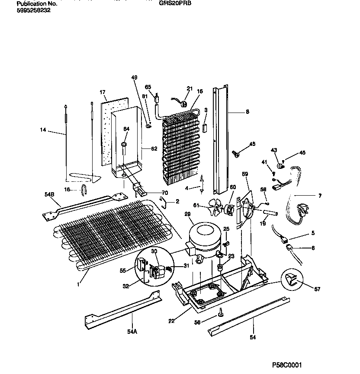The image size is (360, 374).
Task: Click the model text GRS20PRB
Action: [x=176, y=3]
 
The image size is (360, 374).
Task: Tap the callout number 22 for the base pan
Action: [x=172, y=320]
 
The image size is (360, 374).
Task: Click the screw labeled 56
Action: [x=221, y=311]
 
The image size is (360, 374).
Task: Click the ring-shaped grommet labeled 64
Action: [x=124, y=144]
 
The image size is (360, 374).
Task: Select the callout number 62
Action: [x=154, y=149]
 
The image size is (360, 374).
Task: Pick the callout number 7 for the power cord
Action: [x=319, y=196]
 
